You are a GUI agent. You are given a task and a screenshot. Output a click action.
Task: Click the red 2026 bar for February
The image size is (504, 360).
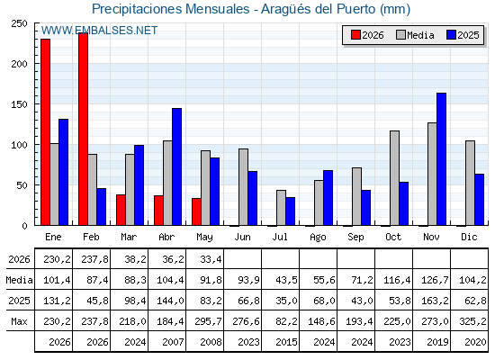pyautogui.click(x=83, y=129)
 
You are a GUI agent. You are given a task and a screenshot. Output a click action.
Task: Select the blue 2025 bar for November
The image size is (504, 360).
pyautogui.click(x=441, y=159)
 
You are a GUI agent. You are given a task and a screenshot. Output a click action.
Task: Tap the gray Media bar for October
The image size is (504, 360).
pyautogui.click(x=394, y=178)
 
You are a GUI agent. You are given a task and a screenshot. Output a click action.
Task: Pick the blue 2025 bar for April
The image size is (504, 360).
pyautogui.click(x=176, y=166)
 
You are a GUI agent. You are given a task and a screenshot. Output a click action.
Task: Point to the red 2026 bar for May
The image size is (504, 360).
pyautogui.click(x=196, y=211)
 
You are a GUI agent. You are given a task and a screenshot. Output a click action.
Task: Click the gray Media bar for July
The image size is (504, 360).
pyautogui.click(x=281, y=208)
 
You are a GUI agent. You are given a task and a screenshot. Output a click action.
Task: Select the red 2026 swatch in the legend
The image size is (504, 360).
pyautogui.click(x=355, y=35)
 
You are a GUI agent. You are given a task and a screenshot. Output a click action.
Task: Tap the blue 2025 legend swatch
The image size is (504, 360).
pyautogui.click(x=451, y=35)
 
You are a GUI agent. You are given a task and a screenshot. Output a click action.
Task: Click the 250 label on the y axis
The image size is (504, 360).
pyautogui.click(x=19, y=23)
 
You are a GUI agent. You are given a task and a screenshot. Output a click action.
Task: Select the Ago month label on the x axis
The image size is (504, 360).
pyautogui.click(x=318, y=238)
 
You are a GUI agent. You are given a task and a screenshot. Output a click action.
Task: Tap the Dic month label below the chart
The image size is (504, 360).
pyautogui.click(x=469, y=237)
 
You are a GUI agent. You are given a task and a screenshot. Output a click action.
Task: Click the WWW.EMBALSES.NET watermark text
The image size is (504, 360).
pyautogui.click(x=99, y=31)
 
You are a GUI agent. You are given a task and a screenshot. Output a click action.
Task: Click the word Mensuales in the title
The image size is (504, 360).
pyautogui.click(x=217, y=9)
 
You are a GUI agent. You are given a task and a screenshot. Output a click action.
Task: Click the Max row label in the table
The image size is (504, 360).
pyautogui.click(x=19, y=321)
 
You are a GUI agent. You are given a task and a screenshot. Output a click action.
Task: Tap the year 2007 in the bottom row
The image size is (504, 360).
pyautogui.click(x=173, y=342)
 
